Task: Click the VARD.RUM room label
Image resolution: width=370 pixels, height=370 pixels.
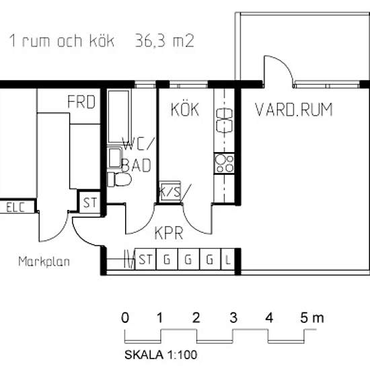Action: tap(293, 110)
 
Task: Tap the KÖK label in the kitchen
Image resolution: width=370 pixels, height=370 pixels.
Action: tap(185, 109)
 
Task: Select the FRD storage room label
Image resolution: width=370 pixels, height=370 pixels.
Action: tap(81, 102)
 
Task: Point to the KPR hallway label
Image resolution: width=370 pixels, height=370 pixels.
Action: tap(169, 233)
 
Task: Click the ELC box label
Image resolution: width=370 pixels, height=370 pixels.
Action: tap(15, 208)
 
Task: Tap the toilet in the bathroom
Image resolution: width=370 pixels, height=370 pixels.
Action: tap(119, 180)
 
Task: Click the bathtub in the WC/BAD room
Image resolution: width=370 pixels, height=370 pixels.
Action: tap(118, 117)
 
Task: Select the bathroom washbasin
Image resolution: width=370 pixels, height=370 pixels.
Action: tap(114, 158)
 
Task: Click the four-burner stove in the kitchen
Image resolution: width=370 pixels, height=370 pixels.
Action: tap(224, 163)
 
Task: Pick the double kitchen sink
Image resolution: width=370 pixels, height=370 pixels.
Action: tap(224, 120)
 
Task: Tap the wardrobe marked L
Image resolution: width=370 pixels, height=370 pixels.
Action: tap(227, 259)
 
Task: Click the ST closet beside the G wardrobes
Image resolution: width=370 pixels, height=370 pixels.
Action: tap(145, 259)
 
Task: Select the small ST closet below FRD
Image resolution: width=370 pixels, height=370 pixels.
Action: tap(89, 202)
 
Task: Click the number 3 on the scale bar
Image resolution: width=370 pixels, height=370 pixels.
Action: tap(233, 318)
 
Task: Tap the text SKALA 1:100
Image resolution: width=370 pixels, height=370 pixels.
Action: tap(161, 355)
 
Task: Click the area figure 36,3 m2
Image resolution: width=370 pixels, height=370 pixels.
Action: tap(164, 40)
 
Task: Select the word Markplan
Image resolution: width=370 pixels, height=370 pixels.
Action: tap(44, 262)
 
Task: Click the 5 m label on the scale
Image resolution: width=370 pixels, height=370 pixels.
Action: tap(312, 318)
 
